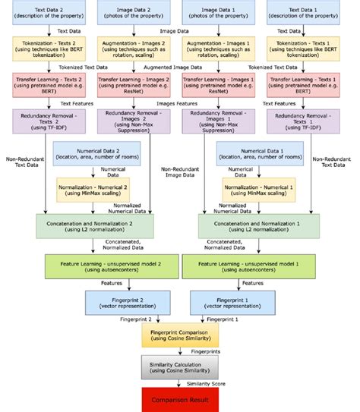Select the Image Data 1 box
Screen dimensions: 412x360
click(218, 13)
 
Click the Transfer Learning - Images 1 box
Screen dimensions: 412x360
click(218, 83)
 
